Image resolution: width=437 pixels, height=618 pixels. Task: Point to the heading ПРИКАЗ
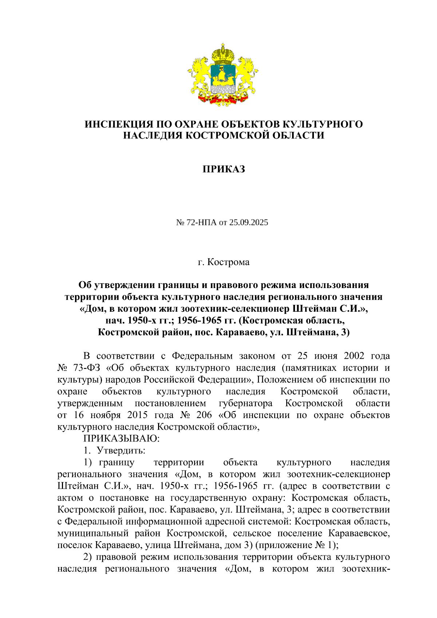224,169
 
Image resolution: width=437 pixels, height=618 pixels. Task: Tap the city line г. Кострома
224,262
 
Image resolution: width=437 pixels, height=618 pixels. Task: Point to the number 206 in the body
204,415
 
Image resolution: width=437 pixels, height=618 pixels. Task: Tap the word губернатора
245,403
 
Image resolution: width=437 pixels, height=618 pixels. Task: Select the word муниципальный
93,533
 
